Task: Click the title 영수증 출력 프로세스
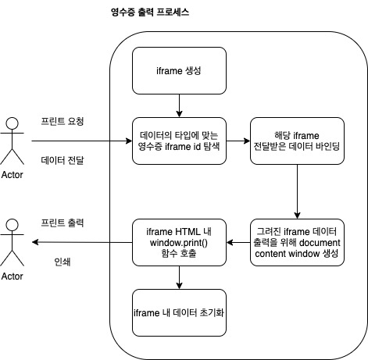[x=150, y=14]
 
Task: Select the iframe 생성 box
[x=179, y=70]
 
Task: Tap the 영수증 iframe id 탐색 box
[x=179, y=141]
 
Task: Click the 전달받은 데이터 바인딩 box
[x=296, y=141]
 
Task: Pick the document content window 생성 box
[x=296, y=242]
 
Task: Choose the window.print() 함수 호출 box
[x=179, y=242]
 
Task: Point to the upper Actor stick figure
[x=12, y=136]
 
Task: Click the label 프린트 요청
[x=63, y=123]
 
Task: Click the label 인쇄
[x=60, y=261]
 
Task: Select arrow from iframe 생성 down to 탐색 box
[x=179, y=105]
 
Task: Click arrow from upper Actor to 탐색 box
[x=78, y=141]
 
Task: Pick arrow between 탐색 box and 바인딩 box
[x=238, y=141]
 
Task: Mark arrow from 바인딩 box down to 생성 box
[x=296, y=191]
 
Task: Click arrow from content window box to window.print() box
[x=238, y=243]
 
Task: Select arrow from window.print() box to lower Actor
[x=78, y=243]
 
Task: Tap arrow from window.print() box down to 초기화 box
[x=179, y=277]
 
